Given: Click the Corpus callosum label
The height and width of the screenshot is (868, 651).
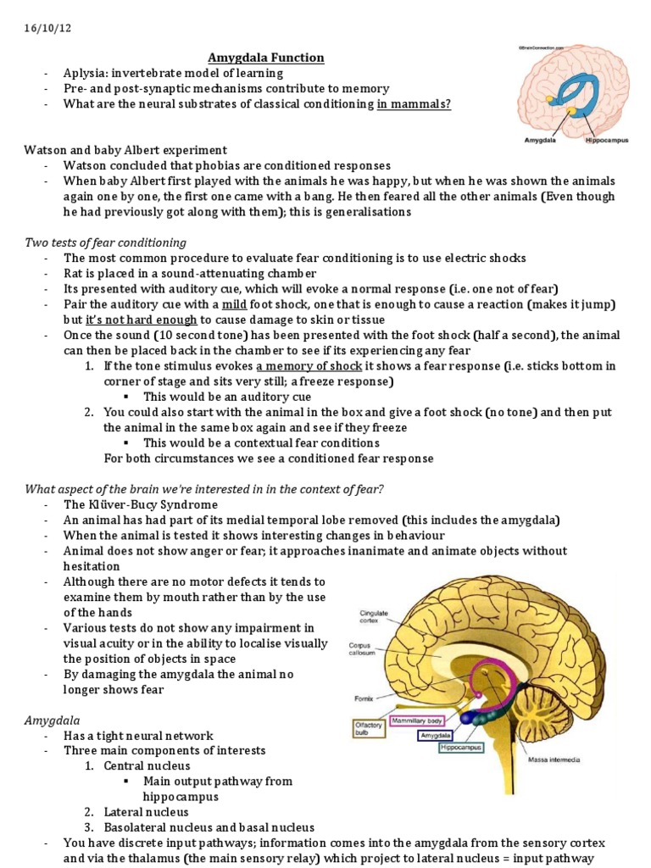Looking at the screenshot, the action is point(361,649).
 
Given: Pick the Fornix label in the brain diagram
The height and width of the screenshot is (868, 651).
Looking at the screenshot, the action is point(363,699).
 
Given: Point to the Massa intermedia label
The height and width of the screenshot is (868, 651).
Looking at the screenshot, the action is point(554,759).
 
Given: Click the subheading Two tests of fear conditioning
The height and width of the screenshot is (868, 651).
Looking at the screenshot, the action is point(105,242).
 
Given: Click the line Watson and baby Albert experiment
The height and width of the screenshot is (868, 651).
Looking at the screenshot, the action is point(125,150).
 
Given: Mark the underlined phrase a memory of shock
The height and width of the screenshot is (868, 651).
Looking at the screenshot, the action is point(309,366).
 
